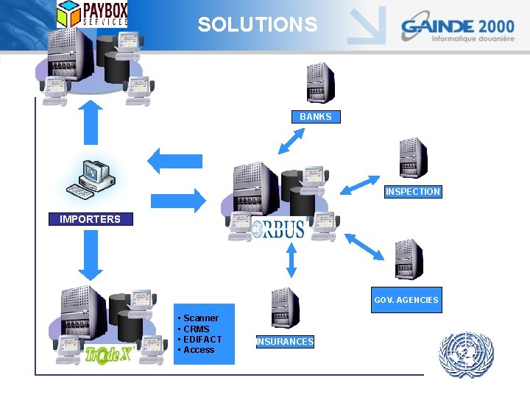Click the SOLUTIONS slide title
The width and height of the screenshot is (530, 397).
click(x=258, y=25)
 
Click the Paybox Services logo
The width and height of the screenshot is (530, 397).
click(x=93, y=14)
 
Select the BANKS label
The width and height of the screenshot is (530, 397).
click(x=316, y=117)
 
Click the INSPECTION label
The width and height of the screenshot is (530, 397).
click(x=413, y=192)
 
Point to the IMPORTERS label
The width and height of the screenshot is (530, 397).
click(x=90, y=219)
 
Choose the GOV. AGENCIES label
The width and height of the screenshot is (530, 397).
click(x=406, y=300)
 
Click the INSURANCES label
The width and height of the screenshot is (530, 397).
click(x=285, y=342)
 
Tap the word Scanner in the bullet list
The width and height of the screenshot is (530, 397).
click(x=200, y=318)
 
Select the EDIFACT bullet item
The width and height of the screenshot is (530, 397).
click(x=202, y=340)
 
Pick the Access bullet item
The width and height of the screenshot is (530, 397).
click(x=199, y=350)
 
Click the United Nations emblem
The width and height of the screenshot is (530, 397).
click(x=466, y=355)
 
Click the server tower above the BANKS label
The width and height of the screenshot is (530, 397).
click(x=319, y=83)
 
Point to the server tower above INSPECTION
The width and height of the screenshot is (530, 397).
click(x=413, y=158)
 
